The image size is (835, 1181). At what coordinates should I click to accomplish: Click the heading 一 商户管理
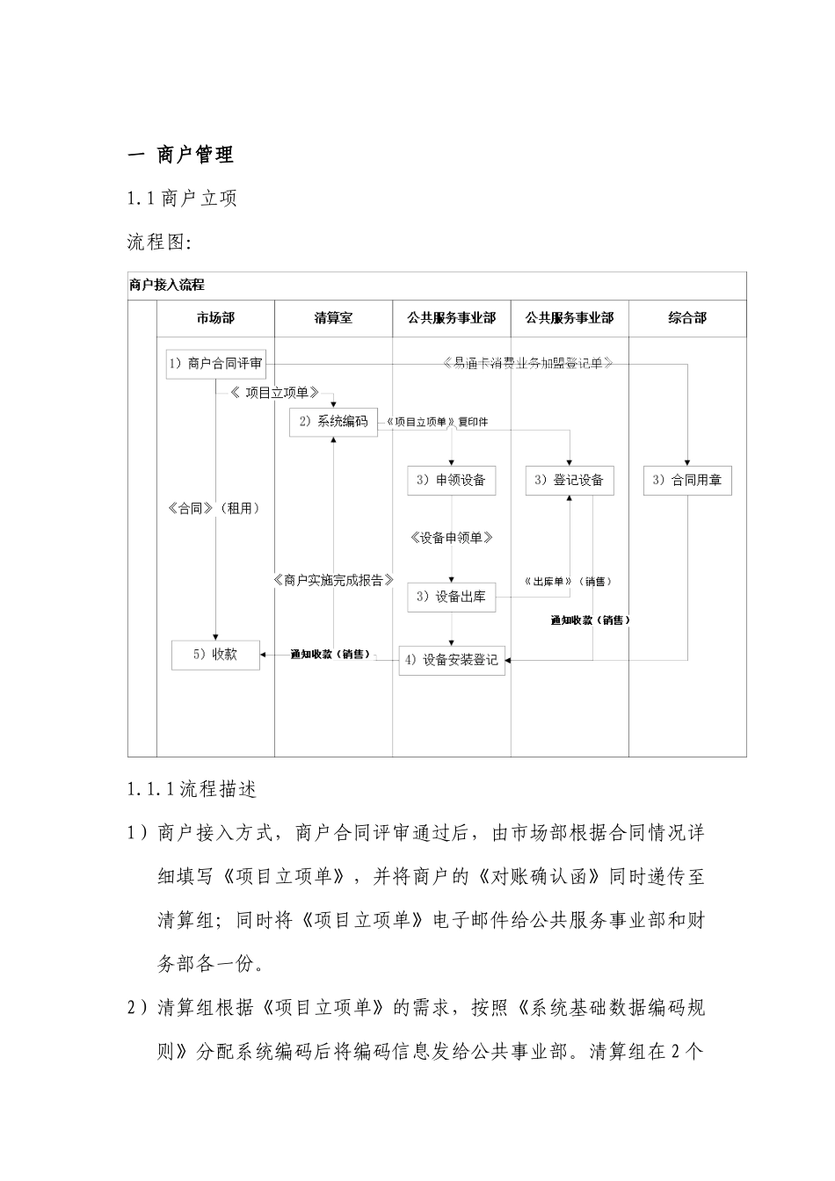coord(181,156)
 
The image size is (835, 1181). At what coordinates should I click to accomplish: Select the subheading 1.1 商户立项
coord(182,199)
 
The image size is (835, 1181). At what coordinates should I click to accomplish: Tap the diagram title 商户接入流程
coord(167,286)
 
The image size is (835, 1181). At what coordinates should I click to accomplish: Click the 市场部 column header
coord(215,318)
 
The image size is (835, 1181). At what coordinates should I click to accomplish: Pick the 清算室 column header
coord(333,318)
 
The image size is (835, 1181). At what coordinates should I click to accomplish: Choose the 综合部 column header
coord(687,318)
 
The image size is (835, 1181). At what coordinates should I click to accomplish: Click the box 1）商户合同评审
coord(216,364)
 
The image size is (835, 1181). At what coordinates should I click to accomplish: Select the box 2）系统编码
coord(333,422)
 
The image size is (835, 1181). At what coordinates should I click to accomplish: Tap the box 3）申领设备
coord(452,481)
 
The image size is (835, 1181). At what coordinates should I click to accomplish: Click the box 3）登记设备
coord(570,481)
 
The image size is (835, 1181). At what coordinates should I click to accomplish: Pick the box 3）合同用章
coord(687,481)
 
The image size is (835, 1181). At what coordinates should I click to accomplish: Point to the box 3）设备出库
coord(452,598)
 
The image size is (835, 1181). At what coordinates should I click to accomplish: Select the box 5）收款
coord(215,655)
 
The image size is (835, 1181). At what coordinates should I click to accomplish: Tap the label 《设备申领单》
coord(452,538)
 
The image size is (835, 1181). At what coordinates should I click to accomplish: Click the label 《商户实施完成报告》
coord(333,581)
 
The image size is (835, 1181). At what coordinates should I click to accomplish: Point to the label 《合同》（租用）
coord(214,508)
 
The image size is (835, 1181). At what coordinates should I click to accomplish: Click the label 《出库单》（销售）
coord(567,582)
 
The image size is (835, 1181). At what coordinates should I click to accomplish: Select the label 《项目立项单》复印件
coord(436,422)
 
